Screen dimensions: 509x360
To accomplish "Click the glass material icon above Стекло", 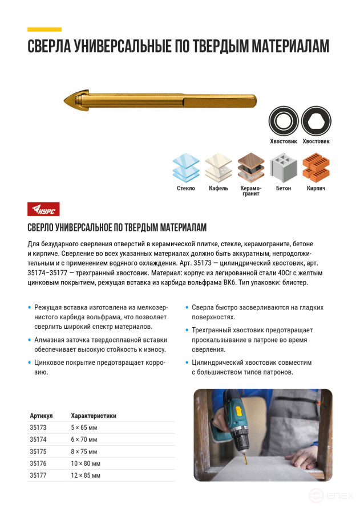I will (x=185, y=168).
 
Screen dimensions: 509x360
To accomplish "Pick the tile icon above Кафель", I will (x=218, y=168).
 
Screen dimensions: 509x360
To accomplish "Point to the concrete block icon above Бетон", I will (x=283, y=168).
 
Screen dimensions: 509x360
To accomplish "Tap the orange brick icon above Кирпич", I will (x=315, y=168).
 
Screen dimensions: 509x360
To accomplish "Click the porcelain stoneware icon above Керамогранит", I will (x=250, y=168).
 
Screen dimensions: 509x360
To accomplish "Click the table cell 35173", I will (x=37, y=427).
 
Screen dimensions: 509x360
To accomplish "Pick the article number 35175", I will (x=37, y=451).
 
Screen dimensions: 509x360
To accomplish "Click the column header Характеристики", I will (x=93, y=416).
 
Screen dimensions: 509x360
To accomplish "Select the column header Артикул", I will (x=41, y=416).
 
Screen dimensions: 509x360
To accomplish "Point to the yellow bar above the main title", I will (x=45, y=28).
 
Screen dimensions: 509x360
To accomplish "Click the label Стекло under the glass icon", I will (x=185, y=188).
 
